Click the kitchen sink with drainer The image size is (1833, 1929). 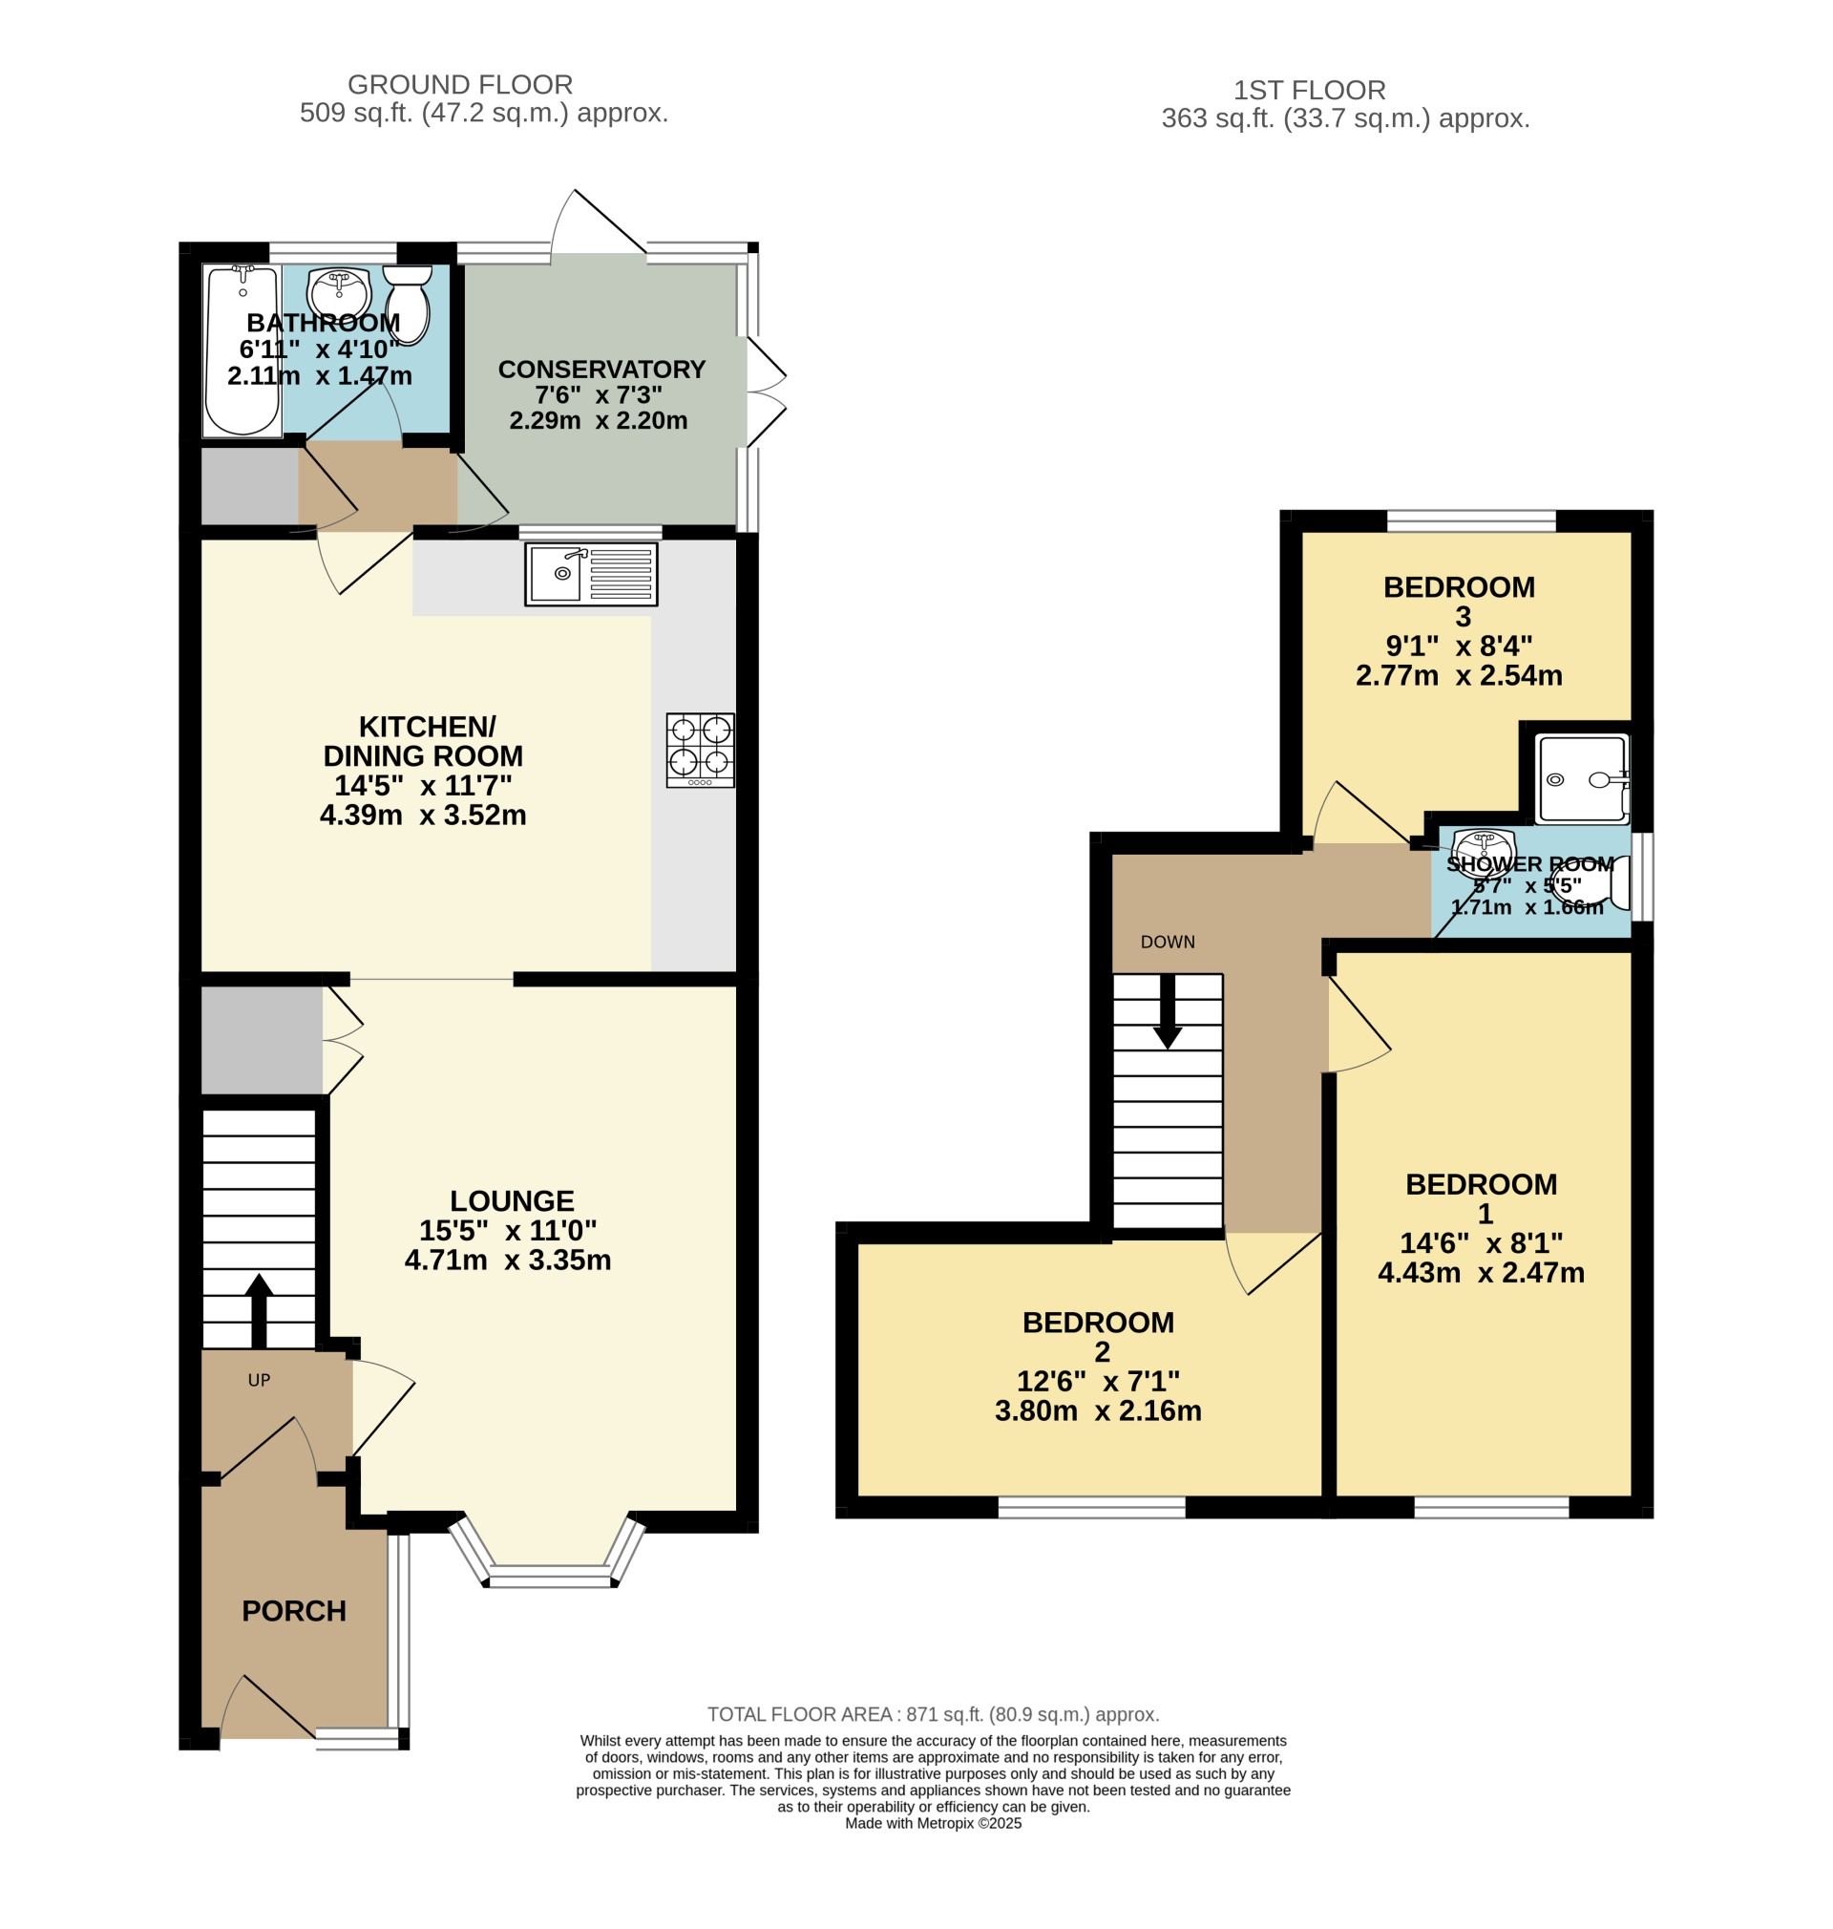pos(591,575)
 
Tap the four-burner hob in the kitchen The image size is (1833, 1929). pos(701,750)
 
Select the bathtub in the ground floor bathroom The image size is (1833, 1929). pos(242,350)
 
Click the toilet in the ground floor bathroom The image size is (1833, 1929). pos(407,305)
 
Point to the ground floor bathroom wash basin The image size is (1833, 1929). pos(338,290)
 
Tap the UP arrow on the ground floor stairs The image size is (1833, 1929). pos(259,1309)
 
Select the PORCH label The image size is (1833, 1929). pos(294,1610)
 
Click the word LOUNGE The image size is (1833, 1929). pos(512,1200)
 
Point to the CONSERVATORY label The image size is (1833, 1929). pos(601,370)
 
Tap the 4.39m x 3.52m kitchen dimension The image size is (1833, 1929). pos(423,815)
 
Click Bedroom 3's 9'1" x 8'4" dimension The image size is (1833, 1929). pos(1459,646)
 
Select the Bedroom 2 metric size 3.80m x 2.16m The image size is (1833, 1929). pos(1098,1410)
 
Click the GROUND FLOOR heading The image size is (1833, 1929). pos(460,85)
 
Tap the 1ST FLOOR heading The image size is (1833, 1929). pos(1309,91)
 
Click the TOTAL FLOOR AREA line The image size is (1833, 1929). pos(933,1714)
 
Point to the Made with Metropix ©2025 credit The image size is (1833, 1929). pos(933,1822)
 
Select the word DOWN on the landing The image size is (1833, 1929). pos(1168,942)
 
